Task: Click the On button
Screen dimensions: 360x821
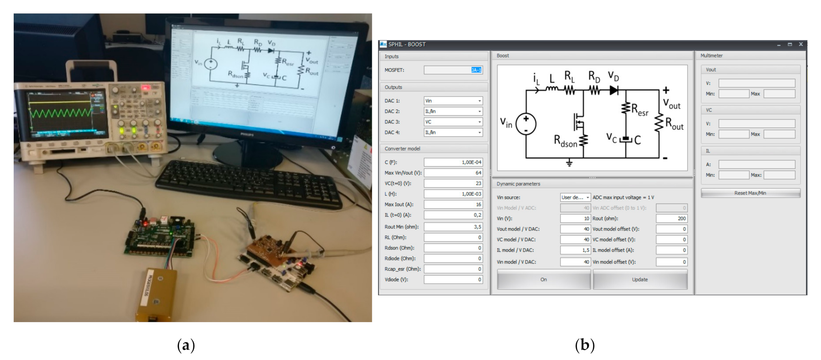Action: tap(543, 280)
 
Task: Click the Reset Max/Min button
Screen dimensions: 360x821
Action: tap(750, 193)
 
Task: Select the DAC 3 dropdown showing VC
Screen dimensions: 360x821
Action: tap(453, 122)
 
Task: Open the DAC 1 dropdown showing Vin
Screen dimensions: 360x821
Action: tap(453, 101)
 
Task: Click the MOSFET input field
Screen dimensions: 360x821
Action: tap(453, 70)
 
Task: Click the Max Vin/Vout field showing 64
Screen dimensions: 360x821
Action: tap(453, 173)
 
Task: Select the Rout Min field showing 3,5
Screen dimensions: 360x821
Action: tap(453, 227)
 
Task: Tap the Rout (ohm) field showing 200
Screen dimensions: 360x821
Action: tap(671, 218)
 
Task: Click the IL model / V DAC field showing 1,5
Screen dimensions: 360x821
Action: tap(575, 250)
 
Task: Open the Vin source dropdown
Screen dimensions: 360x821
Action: tap(575, 197)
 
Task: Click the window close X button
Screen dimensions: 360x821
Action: tap(801, 44)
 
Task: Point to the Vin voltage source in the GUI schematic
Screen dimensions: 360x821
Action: tap(526, 124)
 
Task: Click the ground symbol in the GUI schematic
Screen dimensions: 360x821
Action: tap(569, 163)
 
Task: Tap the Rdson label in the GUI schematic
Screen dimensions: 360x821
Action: tap(565, 141)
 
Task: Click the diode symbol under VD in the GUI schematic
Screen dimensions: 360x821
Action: tap(614, 90)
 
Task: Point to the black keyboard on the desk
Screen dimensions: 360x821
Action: tap(249, 184)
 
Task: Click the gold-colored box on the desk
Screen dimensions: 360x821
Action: tap(156, 294)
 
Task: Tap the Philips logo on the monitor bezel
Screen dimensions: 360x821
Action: tap(247, 135)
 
